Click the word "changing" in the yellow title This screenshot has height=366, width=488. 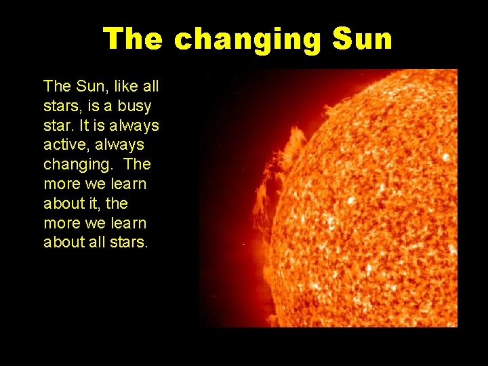pyautogui.click(x=247, y=40)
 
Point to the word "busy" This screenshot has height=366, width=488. pyautogui.click(x=134, y=106)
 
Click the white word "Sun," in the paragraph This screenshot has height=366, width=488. pyautogui.click(x=84, y=87)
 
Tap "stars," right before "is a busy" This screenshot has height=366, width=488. pyautogui.click(x=61, y=106)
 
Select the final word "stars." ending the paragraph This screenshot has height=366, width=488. pyautogui.click(x=129, y=242)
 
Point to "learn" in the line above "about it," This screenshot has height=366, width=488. pyautogui.click(x=129, y=184)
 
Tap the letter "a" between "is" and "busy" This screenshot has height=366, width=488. pyautogui.click(x=108, y=106)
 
